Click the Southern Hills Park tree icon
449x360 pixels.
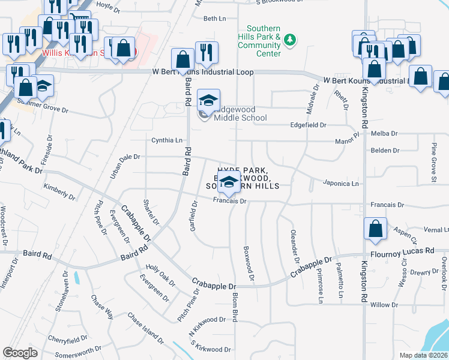(x=291, y=40)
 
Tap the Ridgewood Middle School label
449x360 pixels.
(x=238, y=114)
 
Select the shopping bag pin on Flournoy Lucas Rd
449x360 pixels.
(x=375, y=230)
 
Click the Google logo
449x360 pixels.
(x=20, y=352)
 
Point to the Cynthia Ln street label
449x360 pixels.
(x=167, y=140)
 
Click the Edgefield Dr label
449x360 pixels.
(x=307, y=125)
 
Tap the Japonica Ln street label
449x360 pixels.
(x=340, y=183)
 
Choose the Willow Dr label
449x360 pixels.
(x=381, y=305)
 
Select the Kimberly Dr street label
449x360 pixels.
(x=59, y=192)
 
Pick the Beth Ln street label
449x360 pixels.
(x=215, y=19)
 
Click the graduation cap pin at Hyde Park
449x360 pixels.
(x=228, y=184)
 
